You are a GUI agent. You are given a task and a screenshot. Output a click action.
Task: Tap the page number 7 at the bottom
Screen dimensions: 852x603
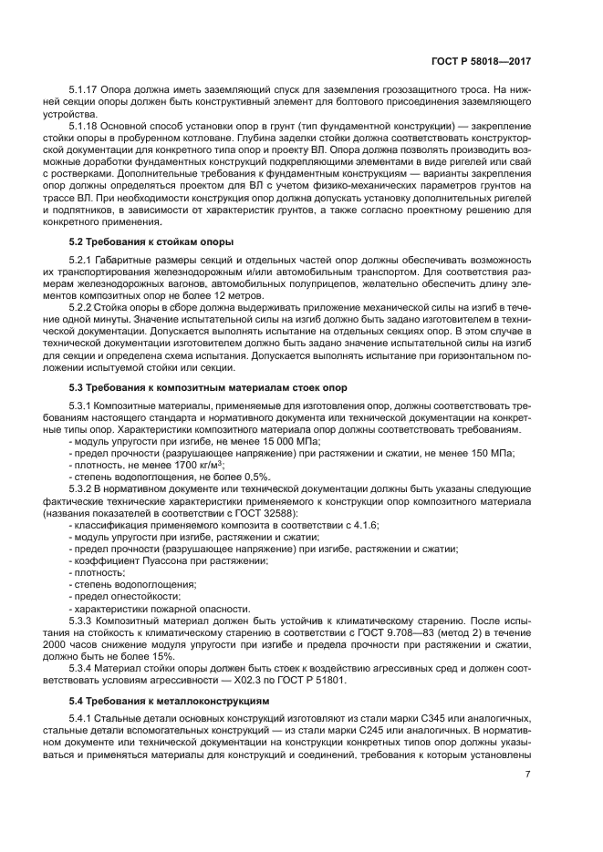[x=527, y=775]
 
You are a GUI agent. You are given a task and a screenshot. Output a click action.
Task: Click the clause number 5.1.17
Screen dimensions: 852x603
[x=86, y=90]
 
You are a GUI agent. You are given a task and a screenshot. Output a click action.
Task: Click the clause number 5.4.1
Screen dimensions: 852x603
[x=83, y=720]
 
